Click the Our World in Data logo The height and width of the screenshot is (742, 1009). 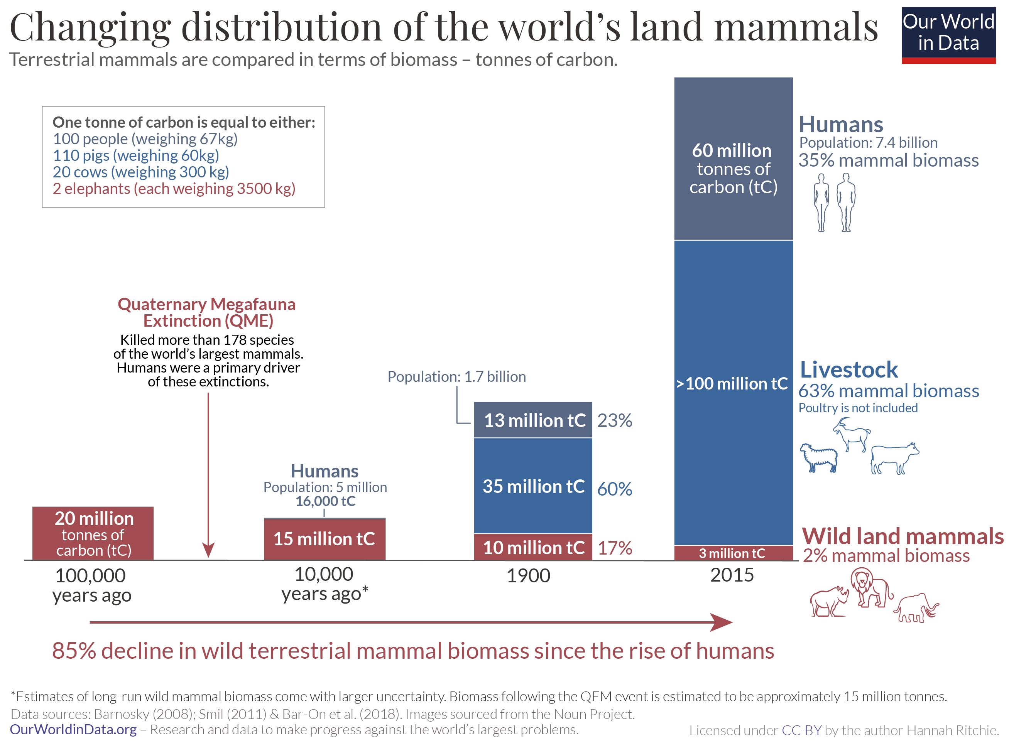[x=948, y=35]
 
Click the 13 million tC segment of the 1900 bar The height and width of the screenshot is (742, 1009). [x=533, y=420]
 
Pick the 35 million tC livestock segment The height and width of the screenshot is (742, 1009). [x=533, y=486]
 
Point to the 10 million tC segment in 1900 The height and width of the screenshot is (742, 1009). [x=533, y=547]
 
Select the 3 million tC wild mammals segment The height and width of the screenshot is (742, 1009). [x=733, y=553]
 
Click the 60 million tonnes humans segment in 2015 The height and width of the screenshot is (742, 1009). [x=733, y=169]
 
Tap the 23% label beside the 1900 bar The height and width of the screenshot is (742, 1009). [x=614, y=421]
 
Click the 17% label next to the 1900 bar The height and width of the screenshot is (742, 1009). [x=614, y=548]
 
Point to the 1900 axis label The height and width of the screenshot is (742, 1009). [x=528, y=576]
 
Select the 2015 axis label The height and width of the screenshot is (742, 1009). [x=732, y=575]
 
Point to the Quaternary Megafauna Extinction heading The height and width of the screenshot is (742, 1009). [x=207, y=312]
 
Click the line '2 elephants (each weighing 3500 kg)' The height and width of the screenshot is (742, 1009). [x=174, y=189]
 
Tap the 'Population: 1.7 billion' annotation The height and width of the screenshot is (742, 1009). [x=456, y=376]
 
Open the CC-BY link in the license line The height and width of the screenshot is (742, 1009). [x=801, y=730]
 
